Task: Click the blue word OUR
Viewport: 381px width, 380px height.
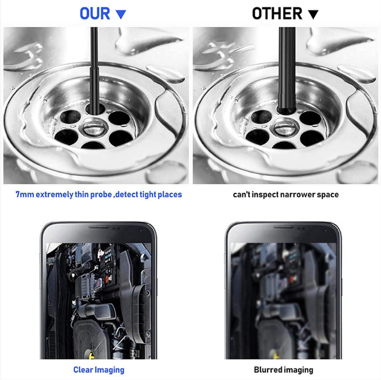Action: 95,14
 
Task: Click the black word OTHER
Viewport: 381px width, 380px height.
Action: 277,14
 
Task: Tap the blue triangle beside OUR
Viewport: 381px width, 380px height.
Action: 121,15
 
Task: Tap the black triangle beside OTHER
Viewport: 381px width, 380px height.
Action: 313,15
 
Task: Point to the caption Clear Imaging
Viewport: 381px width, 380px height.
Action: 99,370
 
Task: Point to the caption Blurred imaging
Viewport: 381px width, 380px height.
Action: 283,370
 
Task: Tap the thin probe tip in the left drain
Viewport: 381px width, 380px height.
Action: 94,110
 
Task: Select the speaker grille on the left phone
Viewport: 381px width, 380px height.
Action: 99,227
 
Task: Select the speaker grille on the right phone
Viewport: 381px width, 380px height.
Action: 283,227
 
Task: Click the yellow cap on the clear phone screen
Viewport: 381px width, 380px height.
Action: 91,355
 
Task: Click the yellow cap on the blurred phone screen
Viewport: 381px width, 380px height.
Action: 276,355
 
